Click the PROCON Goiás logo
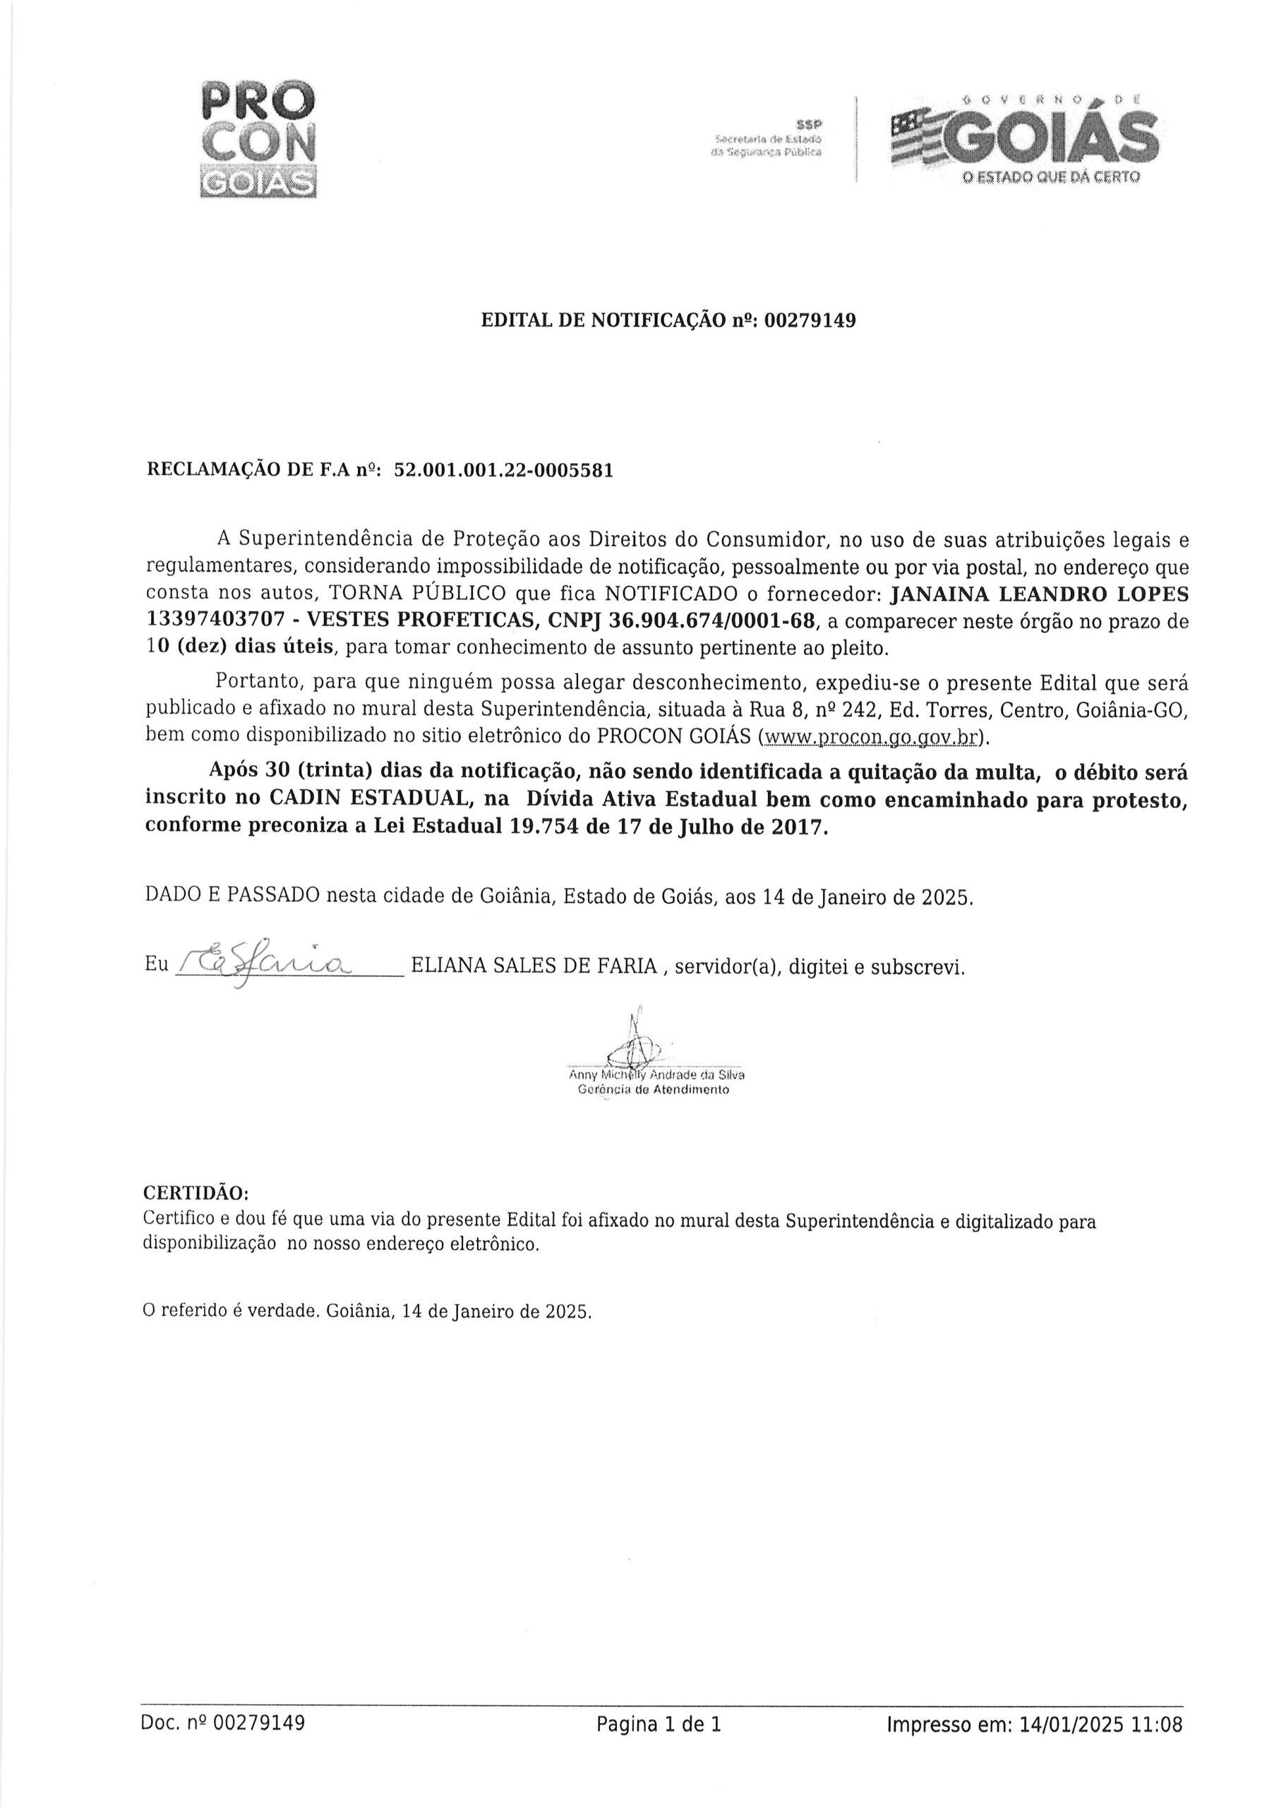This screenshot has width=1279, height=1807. [258, 138]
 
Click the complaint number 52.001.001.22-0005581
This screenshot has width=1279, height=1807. [503, 470]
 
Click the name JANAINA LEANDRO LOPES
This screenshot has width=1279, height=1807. [1033, 594]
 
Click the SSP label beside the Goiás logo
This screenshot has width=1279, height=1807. [808, 124]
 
